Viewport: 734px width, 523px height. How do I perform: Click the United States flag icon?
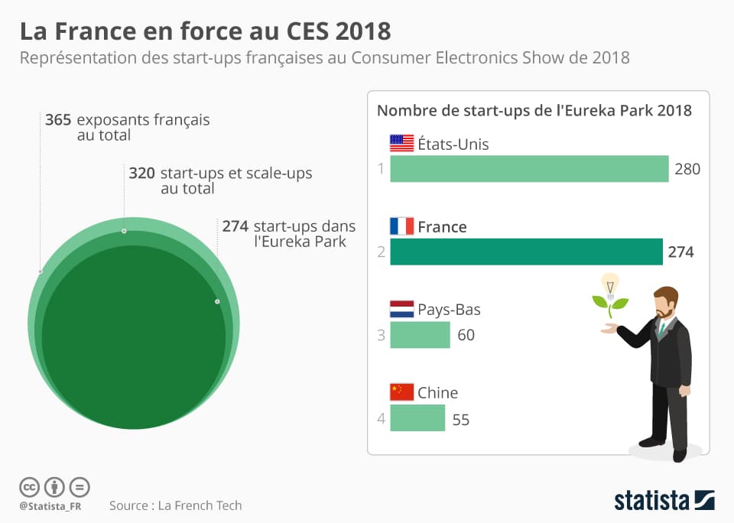click(401, 144)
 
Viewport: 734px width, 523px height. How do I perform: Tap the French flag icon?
click(401, 226)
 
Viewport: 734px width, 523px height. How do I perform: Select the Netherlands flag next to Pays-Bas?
click(401, 310)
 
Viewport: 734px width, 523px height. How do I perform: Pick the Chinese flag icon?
click(401, 392)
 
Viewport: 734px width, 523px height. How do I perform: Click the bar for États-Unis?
click(529, 169)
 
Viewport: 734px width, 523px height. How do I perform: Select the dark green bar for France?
click(526, 252)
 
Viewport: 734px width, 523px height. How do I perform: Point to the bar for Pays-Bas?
click(420, 335)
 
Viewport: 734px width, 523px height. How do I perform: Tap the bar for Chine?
click(417, 418)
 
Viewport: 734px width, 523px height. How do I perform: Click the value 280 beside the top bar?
click(687, 169)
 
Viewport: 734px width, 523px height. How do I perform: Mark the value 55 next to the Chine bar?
click(460, 420)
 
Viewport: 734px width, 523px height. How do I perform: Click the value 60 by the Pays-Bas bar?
click(466, 335)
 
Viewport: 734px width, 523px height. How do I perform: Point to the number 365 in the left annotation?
click(58, 120)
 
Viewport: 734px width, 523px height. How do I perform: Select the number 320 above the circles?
click(142, 174)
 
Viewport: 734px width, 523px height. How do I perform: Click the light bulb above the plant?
click(609, 284)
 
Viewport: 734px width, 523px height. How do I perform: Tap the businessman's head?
click(665, 302)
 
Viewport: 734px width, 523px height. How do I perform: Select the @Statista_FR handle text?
click(50, 506)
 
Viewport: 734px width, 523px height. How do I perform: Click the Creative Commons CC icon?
click(29, 486)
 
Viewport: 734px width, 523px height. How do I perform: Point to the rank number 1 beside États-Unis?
click(380, 169)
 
